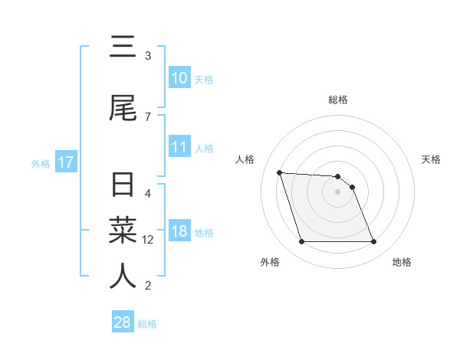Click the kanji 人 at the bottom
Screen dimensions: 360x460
point(122,276)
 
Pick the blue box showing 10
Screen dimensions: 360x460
point(179,78)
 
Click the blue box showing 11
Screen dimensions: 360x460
point(179,148)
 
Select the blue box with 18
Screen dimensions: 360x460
point(179,232)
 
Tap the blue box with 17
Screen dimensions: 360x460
point(65,162)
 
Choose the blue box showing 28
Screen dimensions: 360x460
point(123,322)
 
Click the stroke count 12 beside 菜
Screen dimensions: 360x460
point(149,240)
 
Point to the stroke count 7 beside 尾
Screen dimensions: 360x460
point(148,116)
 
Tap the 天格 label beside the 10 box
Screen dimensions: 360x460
point(204,80)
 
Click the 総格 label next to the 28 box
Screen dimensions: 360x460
point(147,324)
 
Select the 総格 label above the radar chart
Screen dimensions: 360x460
point(338,100)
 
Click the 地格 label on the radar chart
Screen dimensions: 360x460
point(402,262)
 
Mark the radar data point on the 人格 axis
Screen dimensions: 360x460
point(279,172)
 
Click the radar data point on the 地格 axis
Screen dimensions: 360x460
point(374,242)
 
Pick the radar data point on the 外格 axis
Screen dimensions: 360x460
point(301,242)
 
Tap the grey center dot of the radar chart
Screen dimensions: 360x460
point(338,191)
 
